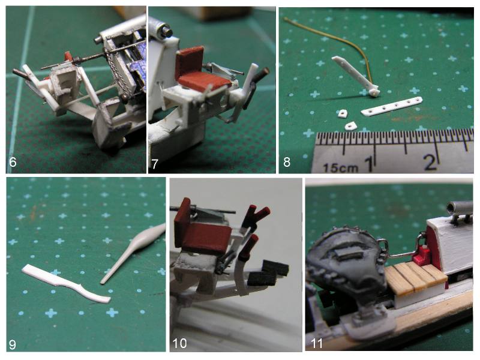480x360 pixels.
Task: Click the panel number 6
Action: [13, 161]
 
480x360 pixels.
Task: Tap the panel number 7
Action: [155, 164]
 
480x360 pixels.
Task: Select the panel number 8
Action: [287, 162]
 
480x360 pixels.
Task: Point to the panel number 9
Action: [12, 344]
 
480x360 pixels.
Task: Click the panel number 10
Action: [179, 343]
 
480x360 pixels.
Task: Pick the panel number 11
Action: [317, 343]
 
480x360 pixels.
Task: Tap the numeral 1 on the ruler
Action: [370, 163]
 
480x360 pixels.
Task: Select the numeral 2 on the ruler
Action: [430, 162]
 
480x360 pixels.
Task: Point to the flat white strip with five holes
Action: [392, 107]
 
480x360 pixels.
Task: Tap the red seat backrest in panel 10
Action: [183, 214]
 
